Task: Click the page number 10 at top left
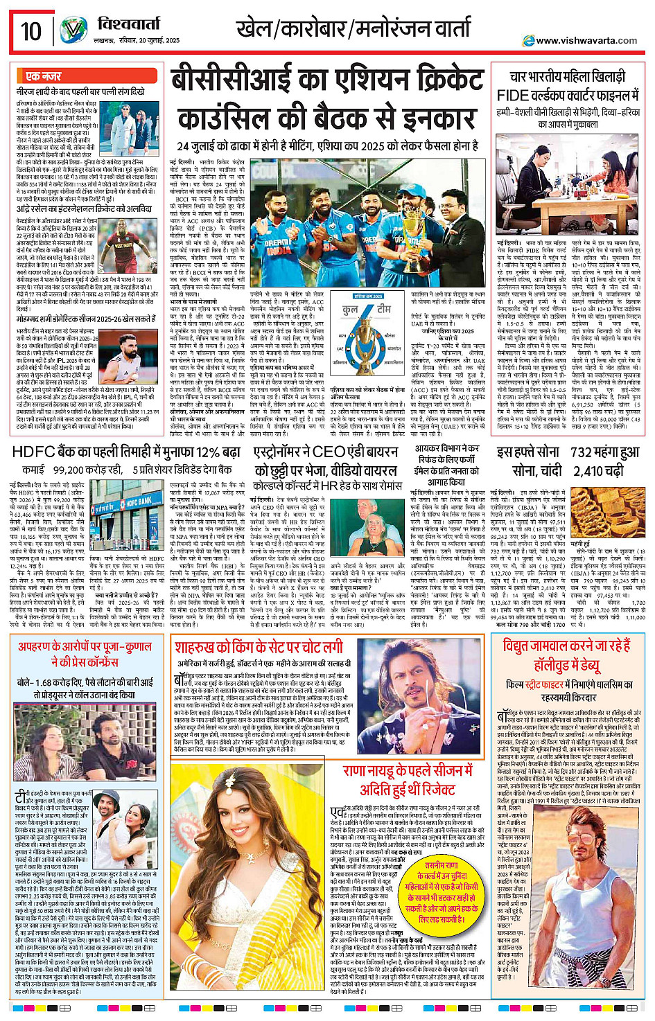pos(31,31)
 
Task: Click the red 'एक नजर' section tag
pos(43,76)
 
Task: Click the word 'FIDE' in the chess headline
pos(514,95)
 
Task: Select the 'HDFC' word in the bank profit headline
pos(34,452)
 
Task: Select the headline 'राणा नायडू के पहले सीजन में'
pos(408,771)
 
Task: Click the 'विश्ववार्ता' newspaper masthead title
pos(129,25)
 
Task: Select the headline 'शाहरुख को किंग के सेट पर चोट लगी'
pos(259,648)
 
